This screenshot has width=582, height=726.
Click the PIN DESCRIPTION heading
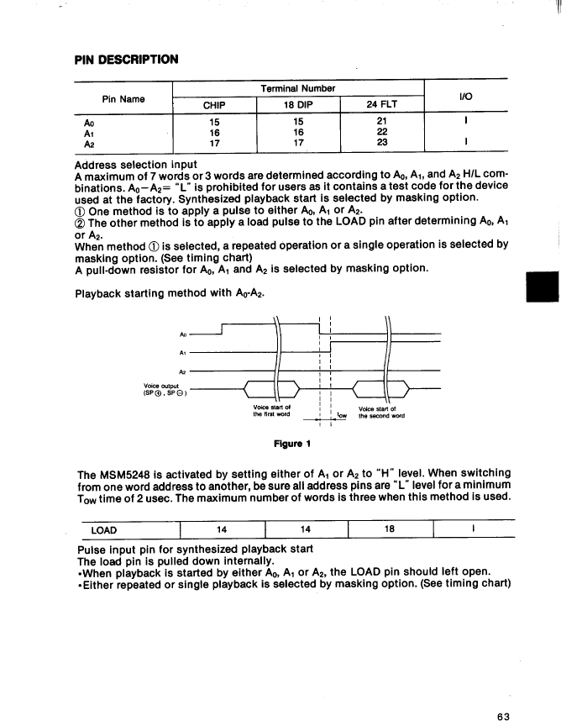click(x=127, y=60)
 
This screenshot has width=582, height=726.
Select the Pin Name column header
click(x=123, y=98)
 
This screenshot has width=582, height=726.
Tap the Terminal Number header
click(x=298, y=88)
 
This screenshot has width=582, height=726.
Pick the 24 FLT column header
click(x=382, y=106)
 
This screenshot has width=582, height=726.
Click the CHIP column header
click(x=214, y=106)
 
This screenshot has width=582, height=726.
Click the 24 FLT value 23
click(x=383, y=144)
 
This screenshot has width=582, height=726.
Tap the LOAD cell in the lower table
click(x=103, y=529)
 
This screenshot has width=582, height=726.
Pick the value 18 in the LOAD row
click(x=389, y=529)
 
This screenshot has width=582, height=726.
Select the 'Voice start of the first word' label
click(x=271, y=412)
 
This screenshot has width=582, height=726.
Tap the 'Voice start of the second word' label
click(x=382, y=412)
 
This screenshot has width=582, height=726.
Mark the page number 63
click(x=503, y=693)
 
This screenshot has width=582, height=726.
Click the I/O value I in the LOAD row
click(x=474, y=529)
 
